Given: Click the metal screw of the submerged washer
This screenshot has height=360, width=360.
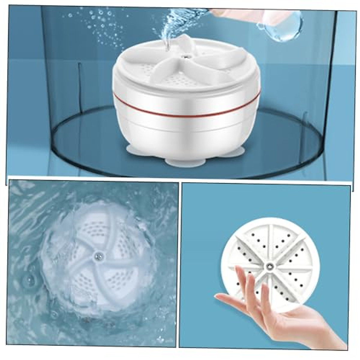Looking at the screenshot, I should pyautogui.click(x=98, y=256).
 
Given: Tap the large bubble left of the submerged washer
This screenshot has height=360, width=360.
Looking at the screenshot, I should pyautogui.click(x=30, y=280).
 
